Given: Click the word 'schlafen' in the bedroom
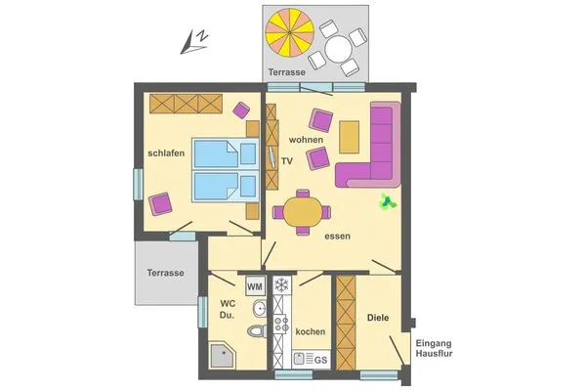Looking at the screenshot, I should click(x=166, y=153).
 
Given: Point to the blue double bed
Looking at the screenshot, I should click(x=216, y=170).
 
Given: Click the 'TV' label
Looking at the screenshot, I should click(x=287, y=159).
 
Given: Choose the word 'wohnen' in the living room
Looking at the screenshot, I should click(x=306, y=140).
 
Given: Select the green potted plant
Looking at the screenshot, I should click(x=388, y=202).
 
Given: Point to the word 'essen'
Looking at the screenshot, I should click(x=337, y=236).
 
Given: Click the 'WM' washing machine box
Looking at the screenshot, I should click(x=255, y=286).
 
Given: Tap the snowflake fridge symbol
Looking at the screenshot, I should click(x=281, y=286).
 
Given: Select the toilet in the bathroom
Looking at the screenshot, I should click(x=257, y=330).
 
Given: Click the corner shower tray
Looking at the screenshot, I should click(x=222, y=357).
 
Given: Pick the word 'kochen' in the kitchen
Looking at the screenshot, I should click(x=310, y=331).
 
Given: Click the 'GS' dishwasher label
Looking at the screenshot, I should click(x=318, y=361).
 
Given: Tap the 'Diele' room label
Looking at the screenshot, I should click(x=378, y=318).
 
